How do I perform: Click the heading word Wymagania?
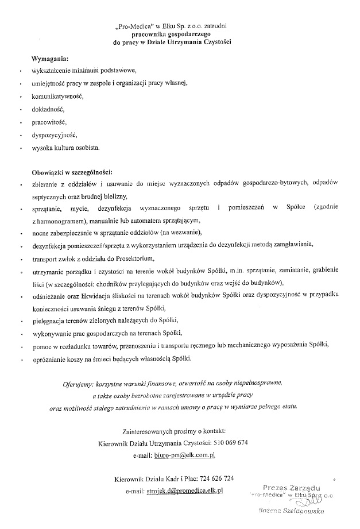pos(50,59)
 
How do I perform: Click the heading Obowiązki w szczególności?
pos(72,172)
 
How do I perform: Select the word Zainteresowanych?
pos(149,430)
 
